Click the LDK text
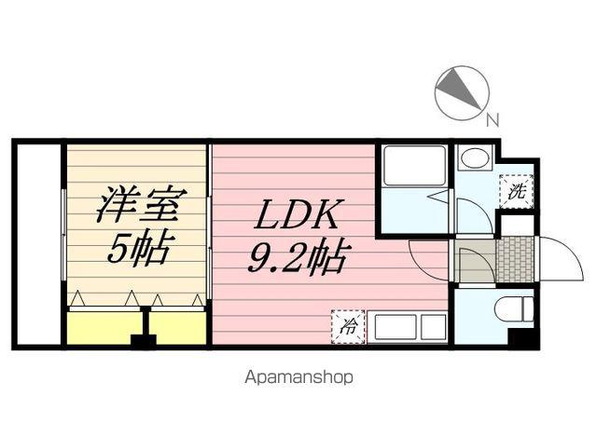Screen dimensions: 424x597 tap(297, 216)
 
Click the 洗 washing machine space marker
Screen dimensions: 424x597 tap(516, 193)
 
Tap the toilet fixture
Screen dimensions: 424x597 tap(513, 309)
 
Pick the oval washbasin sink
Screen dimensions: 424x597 tap(475, 157)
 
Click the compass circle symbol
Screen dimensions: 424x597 tap(462, 92)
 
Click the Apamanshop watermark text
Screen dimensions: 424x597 tap(298, 378)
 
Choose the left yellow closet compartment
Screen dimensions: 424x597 tap(102, 328)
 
